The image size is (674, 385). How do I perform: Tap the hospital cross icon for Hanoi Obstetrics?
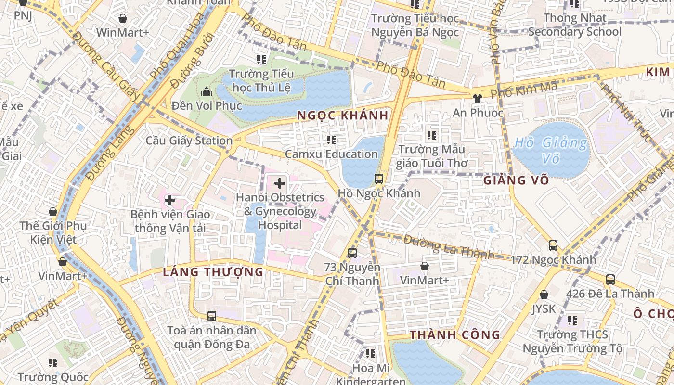pos(280,183)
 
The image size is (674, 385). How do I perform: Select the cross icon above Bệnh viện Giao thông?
pos(170,200)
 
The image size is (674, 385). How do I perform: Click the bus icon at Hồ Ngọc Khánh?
pos(379,180)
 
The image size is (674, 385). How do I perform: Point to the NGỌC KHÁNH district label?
pos(342,115)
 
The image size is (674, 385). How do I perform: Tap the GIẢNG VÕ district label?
pos(516,180)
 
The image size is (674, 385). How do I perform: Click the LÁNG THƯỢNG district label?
pos(213,272)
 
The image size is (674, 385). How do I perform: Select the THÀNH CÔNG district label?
pos(455,335)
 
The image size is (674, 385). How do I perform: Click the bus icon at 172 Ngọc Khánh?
pos(553,245)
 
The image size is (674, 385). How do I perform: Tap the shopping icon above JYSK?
pos(544,295)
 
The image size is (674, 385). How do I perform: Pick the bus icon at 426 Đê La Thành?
pos(610,279)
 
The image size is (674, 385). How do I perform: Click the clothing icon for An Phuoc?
pos(477,99)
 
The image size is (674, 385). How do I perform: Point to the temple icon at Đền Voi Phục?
pos(207,91)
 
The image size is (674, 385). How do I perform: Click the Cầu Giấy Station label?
pos(189,141)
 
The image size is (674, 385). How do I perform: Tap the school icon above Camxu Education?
pos(331,140)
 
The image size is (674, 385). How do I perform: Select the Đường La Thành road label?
pos(448,246)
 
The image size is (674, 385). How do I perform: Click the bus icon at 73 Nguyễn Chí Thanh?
pos(352,253)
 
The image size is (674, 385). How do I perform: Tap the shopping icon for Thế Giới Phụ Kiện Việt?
pos(53,212)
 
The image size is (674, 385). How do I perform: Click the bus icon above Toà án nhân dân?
pos(211,316)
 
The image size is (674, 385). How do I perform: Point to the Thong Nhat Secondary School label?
pos(575,25)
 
